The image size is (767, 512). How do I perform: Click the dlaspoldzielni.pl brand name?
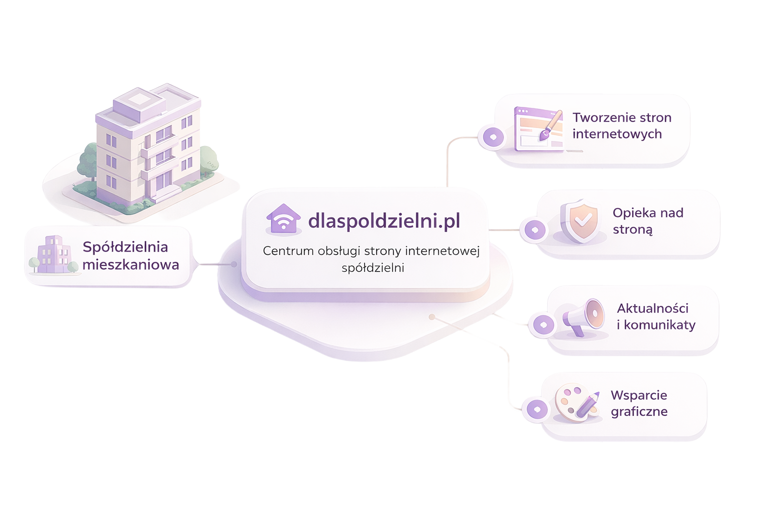click(x=384, y=220)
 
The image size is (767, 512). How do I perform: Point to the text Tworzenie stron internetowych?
click(x=621, y=125)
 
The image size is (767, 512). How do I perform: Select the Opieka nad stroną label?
click(x=648, y=220)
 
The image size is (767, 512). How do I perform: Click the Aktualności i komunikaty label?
click(x=656, y=316)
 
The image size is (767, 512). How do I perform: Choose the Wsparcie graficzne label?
click(x=639, y=403)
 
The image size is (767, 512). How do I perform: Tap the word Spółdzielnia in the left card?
click(x=125, y=247)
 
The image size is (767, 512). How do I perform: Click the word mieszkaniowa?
click(x=131, y=264)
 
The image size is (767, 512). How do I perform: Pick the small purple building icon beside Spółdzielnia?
click(x=53, y=255)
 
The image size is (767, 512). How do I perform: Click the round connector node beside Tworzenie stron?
click(x=493, y=136)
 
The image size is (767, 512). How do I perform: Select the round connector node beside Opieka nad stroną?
click(x=535, y=230)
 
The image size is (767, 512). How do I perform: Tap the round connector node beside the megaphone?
click(x=543, y=325)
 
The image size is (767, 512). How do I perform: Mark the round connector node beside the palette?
click(x=537, y=409)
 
